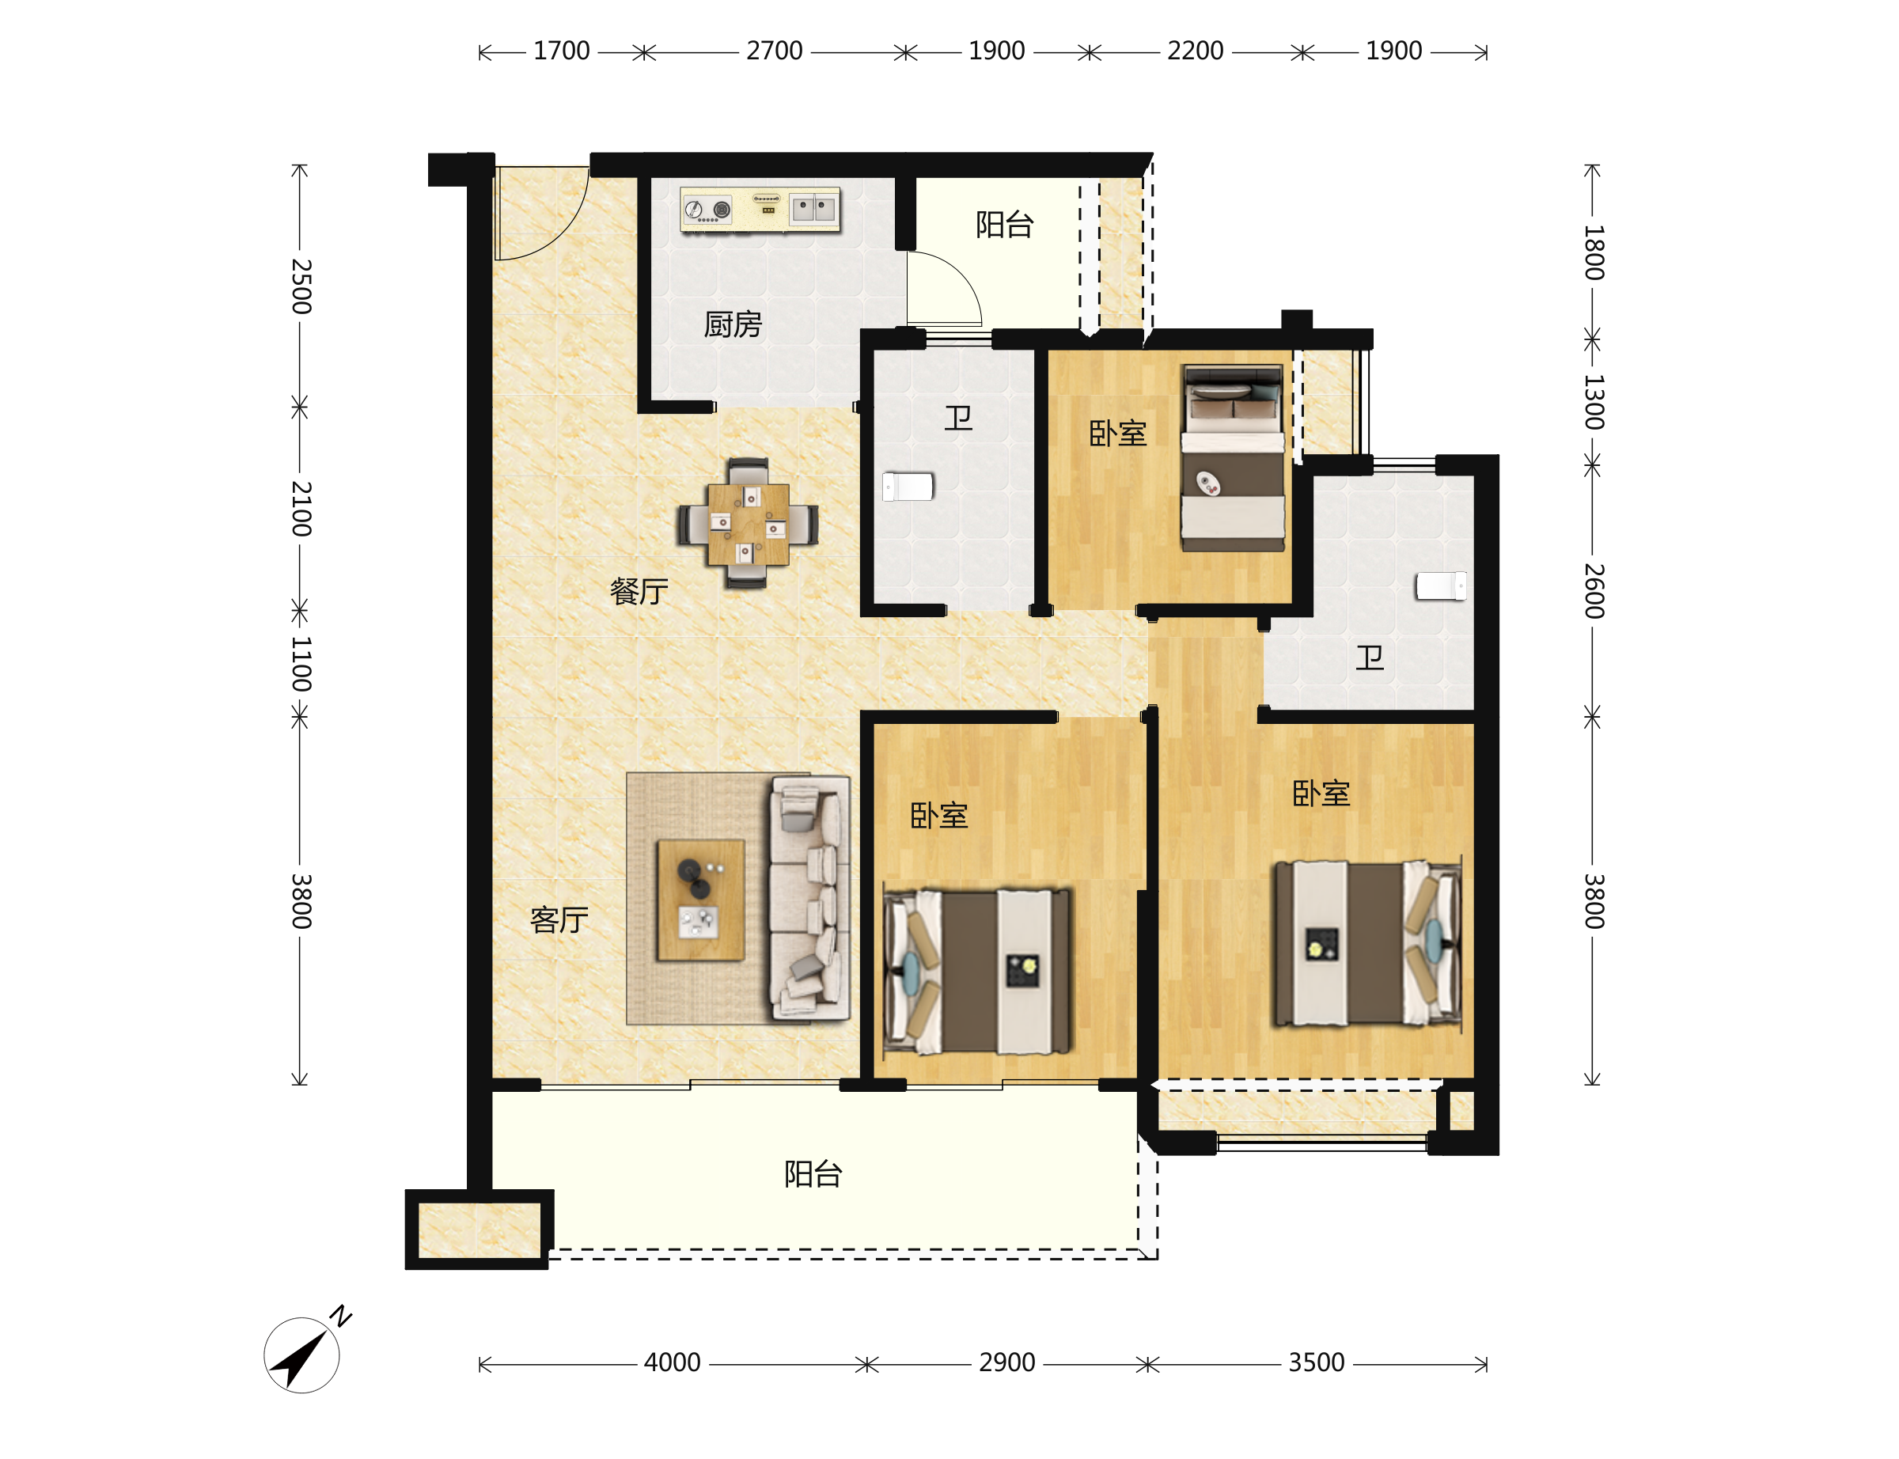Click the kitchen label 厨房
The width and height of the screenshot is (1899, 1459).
(x=732, y=325)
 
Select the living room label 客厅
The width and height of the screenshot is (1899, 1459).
(x=559, y=919)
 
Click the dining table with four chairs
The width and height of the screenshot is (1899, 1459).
(x=747, y=524)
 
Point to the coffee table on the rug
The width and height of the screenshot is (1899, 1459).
(x=699, y=900)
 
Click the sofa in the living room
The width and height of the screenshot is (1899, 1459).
(x=809, y=898)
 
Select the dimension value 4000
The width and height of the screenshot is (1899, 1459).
(x=671, y=1362)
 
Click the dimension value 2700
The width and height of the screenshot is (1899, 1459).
(x=774, y=51)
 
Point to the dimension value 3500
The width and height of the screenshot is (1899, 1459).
(x=1316, y=1362)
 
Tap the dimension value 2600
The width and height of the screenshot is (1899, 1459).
(x=1593, y=590)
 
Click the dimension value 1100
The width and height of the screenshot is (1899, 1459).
(x=301, y=664)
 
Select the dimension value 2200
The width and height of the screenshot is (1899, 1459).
(x=1195, y=51)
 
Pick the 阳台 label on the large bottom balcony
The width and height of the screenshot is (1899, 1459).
(x=813, y=1174)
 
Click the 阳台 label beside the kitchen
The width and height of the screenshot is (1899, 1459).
(x=1004, y=224)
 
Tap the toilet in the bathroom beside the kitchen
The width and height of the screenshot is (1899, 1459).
(x=908, y=487)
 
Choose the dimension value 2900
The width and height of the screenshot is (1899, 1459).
(x=1006, y=1362)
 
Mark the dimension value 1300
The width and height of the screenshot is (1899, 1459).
(x=1593, y=402)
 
